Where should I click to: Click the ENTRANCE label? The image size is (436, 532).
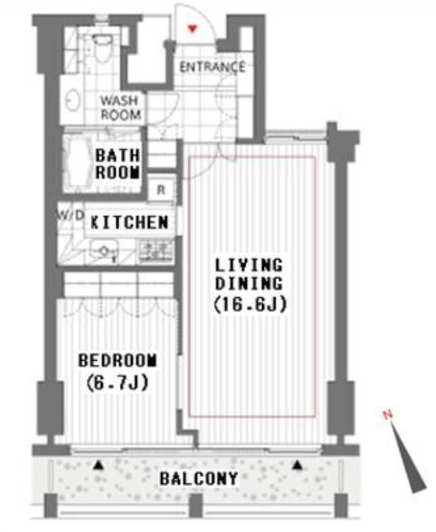[x=212, y=67]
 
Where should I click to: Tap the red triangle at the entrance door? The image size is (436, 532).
[x=192, y=28]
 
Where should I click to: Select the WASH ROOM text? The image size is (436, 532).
[x=120, y=108]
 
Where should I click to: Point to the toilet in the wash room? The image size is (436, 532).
[x=101, y=49]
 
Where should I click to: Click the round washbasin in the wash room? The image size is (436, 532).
[x=72, y=100]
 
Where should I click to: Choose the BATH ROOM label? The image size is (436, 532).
[x=117, y=164]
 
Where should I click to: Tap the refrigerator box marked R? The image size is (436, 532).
[x=161, y=190]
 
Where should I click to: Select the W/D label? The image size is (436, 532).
[x=70, y=215]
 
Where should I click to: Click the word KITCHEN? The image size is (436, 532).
[x=129, y=222]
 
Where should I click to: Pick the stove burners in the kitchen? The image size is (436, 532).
[x=156, y=250]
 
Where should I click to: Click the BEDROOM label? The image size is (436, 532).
[x=118, y=360]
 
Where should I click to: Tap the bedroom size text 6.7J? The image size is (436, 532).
[x=117, y=382]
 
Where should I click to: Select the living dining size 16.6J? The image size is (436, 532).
[x=250, y=305]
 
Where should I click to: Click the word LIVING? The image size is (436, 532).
[x=248, y=265]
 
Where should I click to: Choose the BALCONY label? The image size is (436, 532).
[x=198, y=479]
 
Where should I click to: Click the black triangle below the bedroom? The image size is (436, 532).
[x=98, y=465]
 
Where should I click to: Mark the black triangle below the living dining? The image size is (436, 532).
[x=298, y=465]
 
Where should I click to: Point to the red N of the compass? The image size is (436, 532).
[x=387, y=414]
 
